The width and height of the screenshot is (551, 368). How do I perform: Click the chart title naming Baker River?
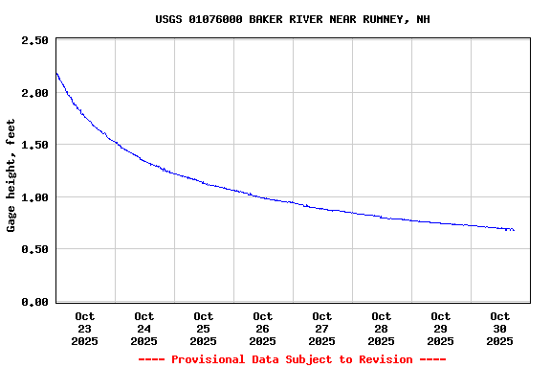[x=293, y=19]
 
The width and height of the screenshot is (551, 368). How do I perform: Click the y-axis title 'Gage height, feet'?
[x=11, y=175]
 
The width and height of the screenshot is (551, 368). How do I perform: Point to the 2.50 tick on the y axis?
[x=34, y=40]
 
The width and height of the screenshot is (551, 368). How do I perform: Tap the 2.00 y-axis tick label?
[x=34, y=93]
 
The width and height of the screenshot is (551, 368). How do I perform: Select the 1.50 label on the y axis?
[x=34, y=145]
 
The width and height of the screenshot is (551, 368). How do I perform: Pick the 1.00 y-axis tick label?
[x=34, y=197]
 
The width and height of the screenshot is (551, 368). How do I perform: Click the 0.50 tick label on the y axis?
[x=34, y=249]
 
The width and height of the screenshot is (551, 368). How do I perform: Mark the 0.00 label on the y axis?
[x=34, y=302]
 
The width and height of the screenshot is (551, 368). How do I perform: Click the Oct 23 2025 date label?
[x=85, y=328]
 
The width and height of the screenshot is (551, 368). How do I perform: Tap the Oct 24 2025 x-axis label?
[x=144, y=328]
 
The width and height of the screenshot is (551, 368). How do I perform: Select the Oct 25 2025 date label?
[x=204, y=328]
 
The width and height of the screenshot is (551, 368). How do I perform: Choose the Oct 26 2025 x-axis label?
[x=263, y=328]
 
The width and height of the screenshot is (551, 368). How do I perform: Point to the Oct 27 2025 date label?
[x=322, y=328]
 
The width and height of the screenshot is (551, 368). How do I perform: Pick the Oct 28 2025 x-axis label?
[x=382, y=328]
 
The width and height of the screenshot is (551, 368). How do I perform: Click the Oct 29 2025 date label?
[x=441, y=328]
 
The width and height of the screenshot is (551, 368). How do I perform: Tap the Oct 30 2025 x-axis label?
[x=500, y=328]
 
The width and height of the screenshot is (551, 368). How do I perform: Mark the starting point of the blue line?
[x=56, y=73]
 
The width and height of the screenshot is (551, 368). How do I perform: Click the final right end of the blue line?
[x=514, y=230]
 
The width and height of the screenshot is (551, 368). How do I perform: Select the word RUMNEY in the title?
[x=384, y=19]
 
